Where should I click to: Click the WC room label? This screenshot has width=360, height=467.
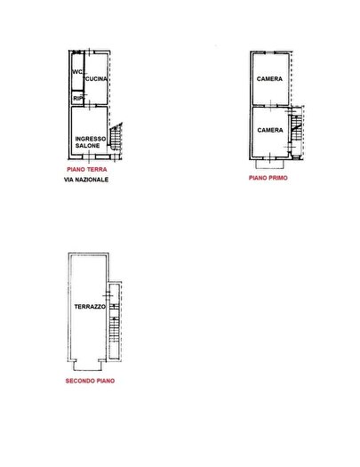[x=77, y=72]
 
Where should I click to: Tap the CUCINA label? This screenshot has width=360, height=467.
[x=96, y=79]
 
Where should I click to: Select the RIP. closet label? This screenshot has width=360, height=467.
[x=77, y=98]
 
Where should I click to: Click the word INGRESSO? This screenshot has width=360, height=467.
[x=91, y=139]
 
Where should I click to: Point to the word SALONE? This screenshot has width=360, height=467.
[x=87, y=146]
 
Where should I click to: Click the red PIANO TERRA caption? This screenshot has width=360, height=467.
[x=87, y=170]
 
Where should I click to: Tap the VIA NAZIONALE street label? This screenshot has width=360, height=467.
[x=86, y=180]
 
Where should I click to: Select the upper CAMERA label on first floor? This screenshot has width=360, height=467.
[x=269, y=79]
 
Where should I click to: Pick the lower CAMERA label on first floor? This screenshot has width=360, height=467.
[x=270, y=130]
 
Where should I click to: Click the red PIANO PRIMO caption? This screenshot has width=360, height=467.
[x=268, y=178]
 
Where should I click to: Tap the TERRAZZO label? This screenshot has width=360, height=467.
[x=90, y=307]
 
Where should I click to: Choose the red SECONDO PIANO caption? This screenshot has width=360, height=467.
[x=90, y=381]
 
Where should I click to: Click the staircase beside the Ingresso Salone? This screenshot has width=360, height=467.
[x=116, y=136]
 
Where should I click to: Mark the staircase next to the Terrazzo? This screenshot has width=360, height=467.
[x=115, y=321]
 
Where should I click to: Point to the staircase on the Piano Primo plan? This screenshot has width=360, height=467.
[x=296, y=131]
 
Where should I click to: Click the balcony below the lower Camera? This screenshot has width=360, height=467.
[x=270, y=164]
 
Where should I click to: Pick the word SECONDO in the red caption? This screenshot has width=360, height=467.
[x=78, y=381]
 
